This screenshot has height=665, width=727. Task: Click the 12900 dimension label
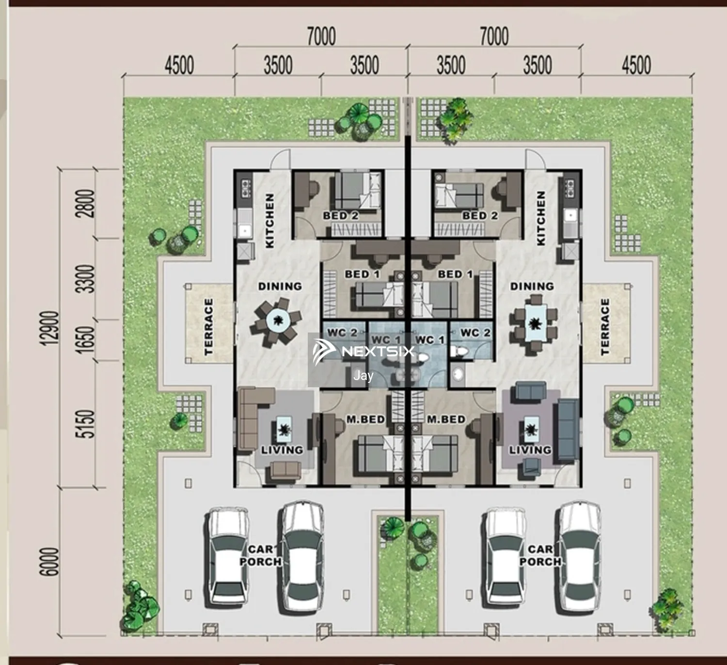(x=49, y=329)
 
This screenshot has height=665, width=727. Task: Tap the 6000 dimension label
(x=49, y=562)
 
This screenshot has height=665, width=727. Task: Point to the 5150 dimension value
(x=85, y=424)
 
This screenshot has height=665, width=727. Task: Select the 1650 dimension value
(x=85, y=340)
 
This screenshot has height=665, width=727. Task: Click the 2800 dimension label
(x=85, y=204)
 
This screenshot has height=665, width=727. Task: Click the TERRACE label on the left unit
(x=209, y=327)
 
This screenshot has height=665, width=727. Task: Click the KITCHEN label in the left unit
(x=270, y=221)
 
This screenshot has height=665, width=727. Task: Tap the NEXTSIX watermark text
(x=378, y=351)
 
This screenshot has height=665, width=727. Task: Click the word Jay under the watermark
(x=363, y=376)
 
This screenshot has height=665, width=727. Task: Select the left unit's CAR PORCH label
(x=260, y=555)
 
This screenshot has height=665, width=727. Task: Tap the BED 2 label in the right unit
(x=480, y=216)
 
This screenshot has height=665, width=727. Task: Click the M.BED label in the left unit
(x=365, y=420)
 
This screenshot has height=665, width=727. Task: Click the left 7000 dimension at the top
(x=321, y=36)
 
